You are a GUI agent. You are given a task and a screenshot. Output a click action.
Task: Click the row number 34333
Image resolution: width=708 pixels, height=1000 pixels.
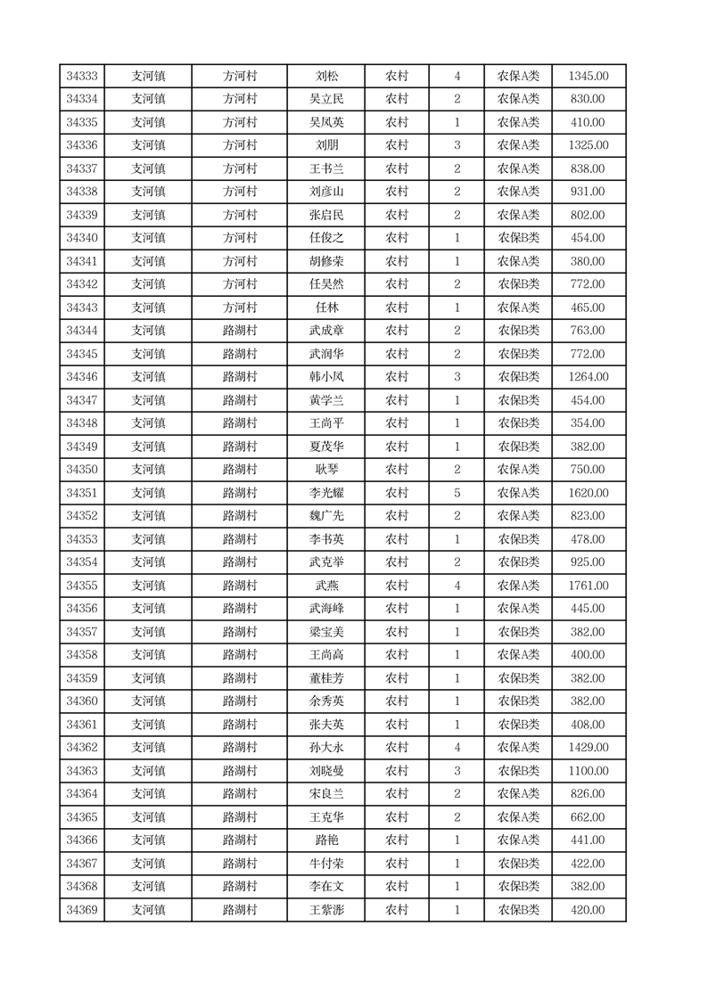[x=82, y=77]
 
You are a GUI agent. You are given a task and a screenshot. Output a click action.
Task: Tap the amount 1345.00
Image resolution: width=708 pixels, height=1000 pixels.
[x=588, y=77]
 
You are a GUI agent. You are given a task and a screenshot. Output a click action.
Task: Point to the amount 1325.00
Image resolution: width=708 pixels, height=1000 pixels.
[x=588, y=146]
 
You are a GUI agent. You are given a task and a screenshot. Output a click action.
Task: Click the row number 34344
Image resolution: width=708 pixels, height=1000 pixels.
[x=82, y=332]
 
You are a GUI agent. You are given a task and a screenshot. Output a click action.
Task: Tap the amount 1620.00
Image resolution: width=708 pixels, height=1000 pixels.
[x=588, y=494]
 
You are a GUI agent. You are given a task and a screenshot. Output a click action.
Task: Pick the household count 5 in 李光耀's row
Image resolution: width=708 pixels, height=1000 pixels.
[x=457, y=494]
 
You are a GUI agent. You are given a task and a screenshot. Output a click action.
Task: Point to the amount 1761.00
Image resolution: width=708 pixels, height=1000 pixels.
[x=588, y=586]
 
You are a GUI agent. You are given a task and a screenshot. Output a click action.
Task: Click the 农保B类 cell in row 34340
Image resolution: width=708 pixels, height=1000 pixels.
[x=518, y=239]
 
